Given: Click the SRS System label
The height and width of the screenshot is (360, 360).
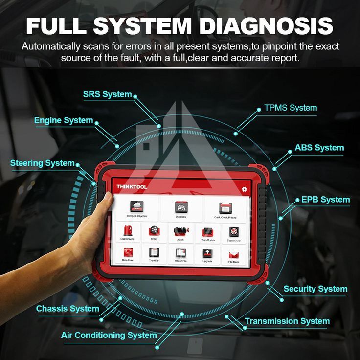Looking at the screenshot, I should pos(107,95).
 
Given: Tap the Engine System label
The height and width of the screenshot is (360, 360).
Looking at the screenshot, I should pos(64,120).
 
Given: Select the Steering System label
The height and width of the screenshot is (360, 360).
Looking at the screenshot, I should pos(43,163).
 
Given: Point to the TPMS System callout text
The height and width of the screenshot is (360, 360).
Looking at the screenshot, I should pos(291,108).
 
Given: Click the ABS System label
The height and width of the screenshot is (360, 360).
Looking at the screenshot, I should pos(319,148).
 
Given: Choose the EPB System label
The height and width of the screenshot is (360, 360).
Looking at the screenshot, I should pos(325,200).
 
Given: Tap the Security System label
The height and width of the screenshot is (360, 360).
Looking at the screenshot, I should pos(315,289).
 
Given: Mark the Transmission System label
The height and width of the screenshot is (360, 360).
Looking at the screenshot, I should pos(287,321).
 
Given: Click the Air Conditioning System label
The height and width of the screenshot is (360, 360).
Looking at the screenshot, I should pos(109,335).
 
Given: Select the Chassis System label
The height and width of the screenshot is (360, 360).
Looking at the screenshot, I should pos(67,309).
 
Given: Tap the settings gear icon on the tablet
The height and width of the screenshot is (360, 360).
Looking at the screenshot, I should pos(245,189).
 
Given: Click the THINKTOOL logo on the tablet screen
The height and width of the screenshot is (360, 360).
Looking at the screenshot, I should pos(132,187).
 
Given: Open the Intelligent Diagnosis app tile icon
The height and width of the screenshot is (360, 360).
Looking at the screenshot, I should pos(136,206).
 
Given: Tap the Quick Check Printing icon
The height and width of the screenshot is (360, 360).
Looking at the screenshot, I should pos(225,207).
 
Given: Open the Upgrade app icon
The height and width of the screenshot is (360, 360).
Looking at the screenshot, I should pos(207,253).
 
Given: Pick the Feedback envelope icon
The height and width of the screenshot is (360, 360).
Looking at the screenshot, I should pos(234,253).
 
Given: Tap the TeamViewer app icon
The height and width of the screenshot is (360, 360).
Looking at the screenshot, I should pos(234,231).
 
